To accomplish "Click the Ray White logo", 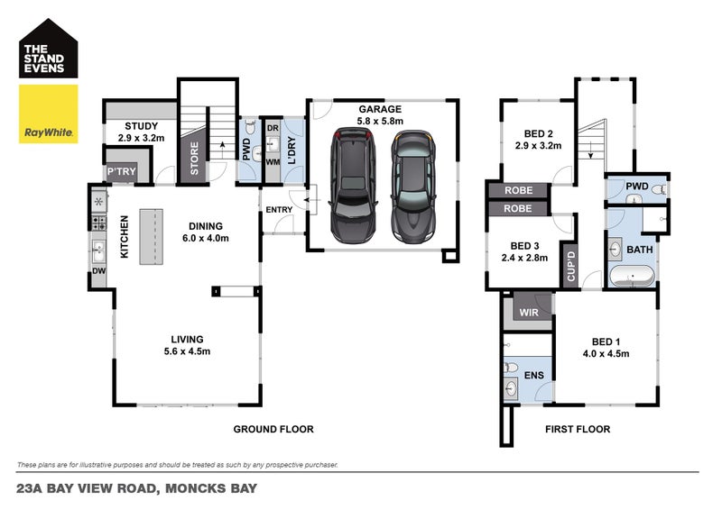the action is (x=49, y=114).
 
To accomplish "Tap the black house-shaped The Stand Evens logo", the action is (x=49, y=49).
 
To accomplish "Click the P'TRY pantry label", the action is (x=122, y=171).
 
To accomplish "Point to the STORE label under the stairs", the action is (x=194, y=159).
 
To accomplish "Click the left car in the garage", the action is (x=353, y=185).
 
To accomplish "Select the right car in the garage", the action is (x=413, y=187).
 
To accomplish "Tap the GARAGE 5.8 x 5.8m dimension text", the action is (x=380, y=115).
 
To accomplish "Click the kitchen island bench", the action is (x=152, y=236).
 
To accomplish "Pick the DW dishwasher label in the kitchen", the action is (x=99, y=271).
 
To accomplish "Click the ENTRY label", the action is (x=279, y=210).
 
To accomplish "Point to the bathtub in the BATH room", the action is (x=632, y=277).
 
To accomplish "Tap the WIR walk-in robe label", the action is (x=529, y=313).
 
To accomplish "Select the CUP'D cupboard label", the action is (x=571, y=266).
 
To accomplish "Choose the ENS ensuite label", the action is (x=534, y=375).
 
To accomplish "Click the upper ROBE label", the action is (x=518, y=190).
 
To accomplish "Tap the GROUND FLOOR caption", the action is (x=273, y=429).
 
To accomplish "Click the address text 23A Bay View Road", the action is (x=86, y=488).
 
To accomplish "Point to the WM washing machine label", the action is (x=273, y=162).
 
